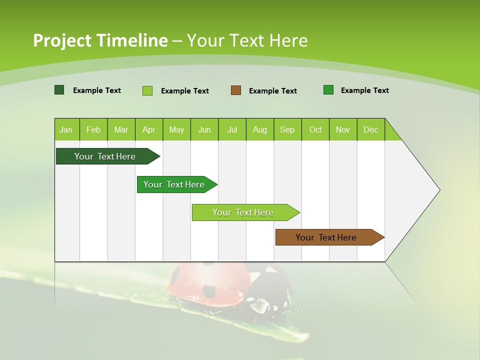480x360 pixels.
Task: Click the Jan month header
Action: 66,129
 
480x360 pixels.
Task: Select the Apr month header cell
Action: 148,129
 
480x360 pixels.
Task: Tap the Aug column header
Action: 259,129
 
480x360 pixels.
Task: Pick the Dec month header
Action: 370,129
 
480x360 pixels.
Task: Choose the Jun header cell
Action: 204,129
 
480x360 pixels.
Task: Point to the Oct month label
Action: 315,129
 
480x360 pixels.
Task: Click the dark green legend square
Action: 59,90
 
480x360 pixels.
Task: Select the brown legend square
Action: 236,90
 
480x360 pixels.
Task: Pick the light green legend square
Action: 147,90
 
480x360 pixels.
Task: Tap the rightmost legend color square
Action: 328,90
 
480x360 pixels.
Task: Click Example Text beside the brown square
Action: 272,91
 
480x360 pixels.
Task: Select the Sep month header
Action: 287,129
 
